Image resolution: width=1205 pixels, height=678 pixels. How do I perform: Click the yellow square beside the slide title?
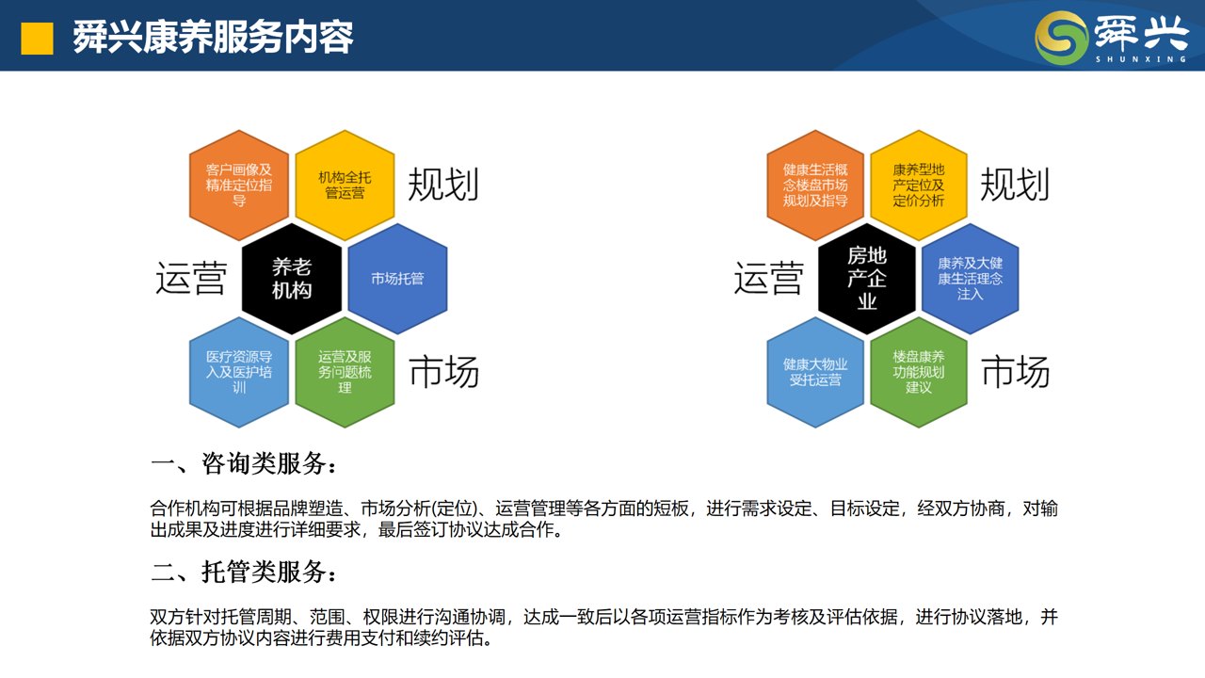click(x=37, y=39)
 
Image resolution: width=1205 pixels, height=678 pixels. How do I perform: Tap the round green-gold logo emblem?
click(x=1061, y=38)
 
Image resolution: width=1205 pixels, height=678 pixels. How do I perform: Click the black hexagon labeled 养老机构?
click(x=292, y=279)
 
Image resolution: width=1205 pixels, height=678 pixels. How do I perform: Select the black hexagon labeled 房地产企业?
click(x=867, y=279)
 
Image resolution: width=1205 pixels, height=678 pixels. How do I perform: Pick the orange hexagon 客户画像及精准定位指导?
click(x=239, y=186)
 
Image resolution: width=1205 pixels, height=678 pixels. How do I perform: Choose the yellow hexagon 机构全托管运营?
click(x=345, y=186)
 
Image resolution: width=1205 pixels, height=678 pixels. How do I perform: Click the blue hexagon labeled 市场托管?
click(x=397, y=279)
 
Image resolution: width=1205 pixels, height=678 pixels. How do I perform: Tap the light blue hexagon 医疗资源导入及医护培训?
click(x=239, y=372)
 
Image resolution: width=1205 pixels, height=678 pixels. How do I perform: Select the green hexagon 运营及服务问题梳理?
click(x=345, y=372)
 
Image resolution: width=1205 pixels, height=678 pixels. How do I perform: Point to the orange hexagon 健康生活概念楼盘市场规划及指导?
click(x=815, y=186)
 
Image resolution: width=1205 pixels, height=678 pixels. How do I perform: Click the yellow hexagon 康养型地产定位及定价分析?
click(x=919, y=186)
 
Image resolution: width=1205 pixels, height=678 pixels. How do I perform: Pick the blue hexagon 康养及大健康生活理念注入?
click(x=971, y=279)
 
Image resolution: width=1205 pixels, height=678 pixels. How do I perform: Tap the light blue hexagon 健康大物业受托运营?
click(x=815, y=372)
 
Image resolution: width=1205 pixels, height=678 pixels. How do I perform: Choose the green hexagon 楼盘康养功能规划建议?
click(x=919, y=372)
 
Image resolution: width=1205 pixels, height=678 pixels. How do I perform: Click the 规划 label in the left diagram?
click(x=443, y=185)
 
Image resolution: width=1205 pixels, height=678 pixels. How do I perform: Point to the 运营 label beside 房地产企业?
click(x=769, y=278)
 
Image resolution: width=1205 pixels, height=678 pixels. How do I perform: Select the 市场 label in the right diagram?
click(x=1016, y=372)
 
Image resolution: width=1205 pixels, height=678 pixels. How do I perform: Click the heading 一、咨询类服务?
click(x=244, y=463)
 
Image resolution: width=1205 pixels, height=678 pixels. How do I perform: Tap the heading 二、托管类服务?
click(x=244, y=572)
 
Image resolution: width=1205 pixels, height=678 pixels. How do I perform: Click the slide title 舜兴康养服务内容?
click(x=213, y=37)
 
